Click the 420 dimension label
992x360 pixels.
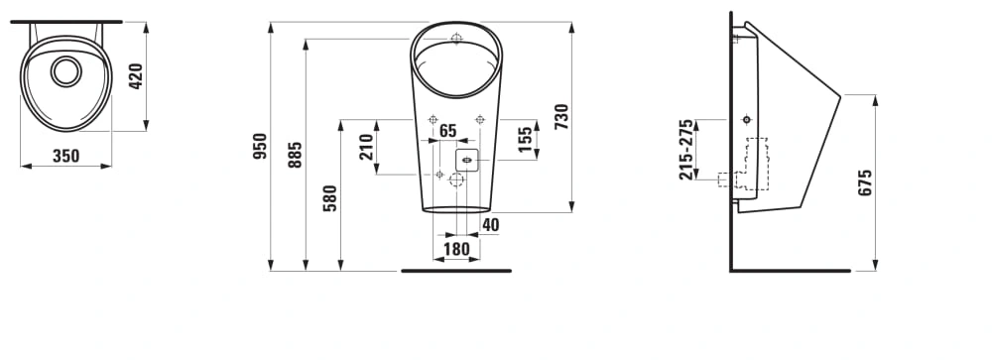coord(136,76)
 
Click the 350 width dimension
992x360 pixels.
coord(65,156)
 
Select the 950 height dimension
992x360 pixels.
coord(260,146)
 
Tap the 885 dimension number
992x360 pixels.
coord(296,155)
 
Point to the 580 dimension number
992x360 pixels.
coord(330,198)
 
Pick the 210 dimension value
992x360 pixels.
coord(366,147)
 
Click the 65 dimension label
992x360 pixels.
coord(448,131)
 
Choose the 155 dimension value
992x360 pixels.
coord(525,139)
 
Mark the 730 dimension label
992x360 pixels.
coord(561,116)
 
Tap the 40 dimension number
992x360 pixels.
coord(490,224)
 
